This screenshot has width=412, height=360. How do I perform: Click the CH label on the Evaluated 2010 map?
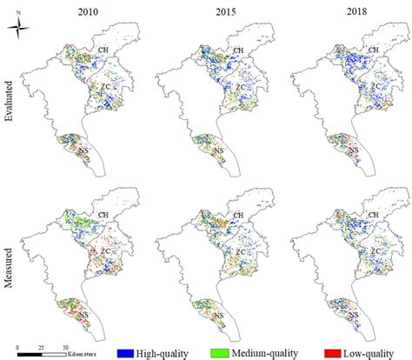[106, 51]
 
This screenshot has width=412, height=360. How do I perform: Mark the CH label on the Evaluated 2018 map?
[375, 51]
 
